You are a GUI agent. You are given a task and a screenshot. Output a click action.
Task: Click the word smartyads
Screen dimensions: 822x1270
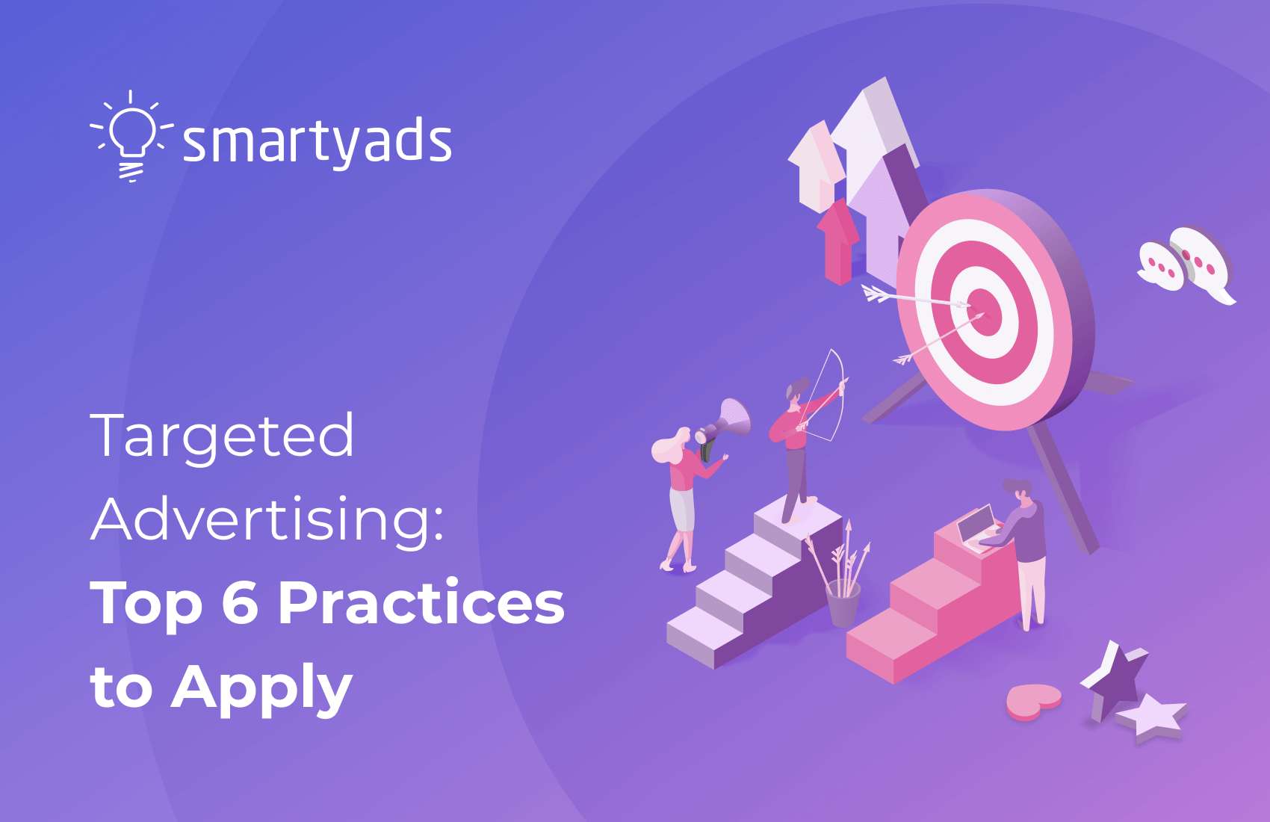click(317, 142)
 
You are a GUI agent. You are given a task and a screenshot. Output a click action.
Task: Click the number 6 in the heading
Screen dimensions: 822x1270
click(240, 603)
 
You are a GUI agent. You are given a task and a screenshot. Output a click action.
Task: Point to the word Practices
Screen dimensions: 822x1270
click(421, 603)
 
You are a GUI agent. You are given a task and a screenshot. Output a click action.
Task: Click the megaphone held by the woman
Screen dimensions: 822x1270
click(728, 423)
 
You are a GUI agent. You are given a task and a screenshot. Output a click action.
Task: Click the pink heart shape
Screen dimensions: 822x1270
click(1033, 701)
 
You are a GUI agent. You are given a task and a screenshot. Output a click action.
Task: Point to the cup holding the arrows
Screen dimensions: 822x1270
click(843, 602)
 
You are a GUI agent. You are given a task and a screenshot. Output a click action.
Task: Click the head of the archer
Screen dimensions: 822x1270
click(796, 391)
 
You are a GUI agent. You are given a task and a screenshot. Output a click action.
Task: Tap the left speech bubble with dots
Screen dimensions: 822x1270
click(1160, 266)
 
